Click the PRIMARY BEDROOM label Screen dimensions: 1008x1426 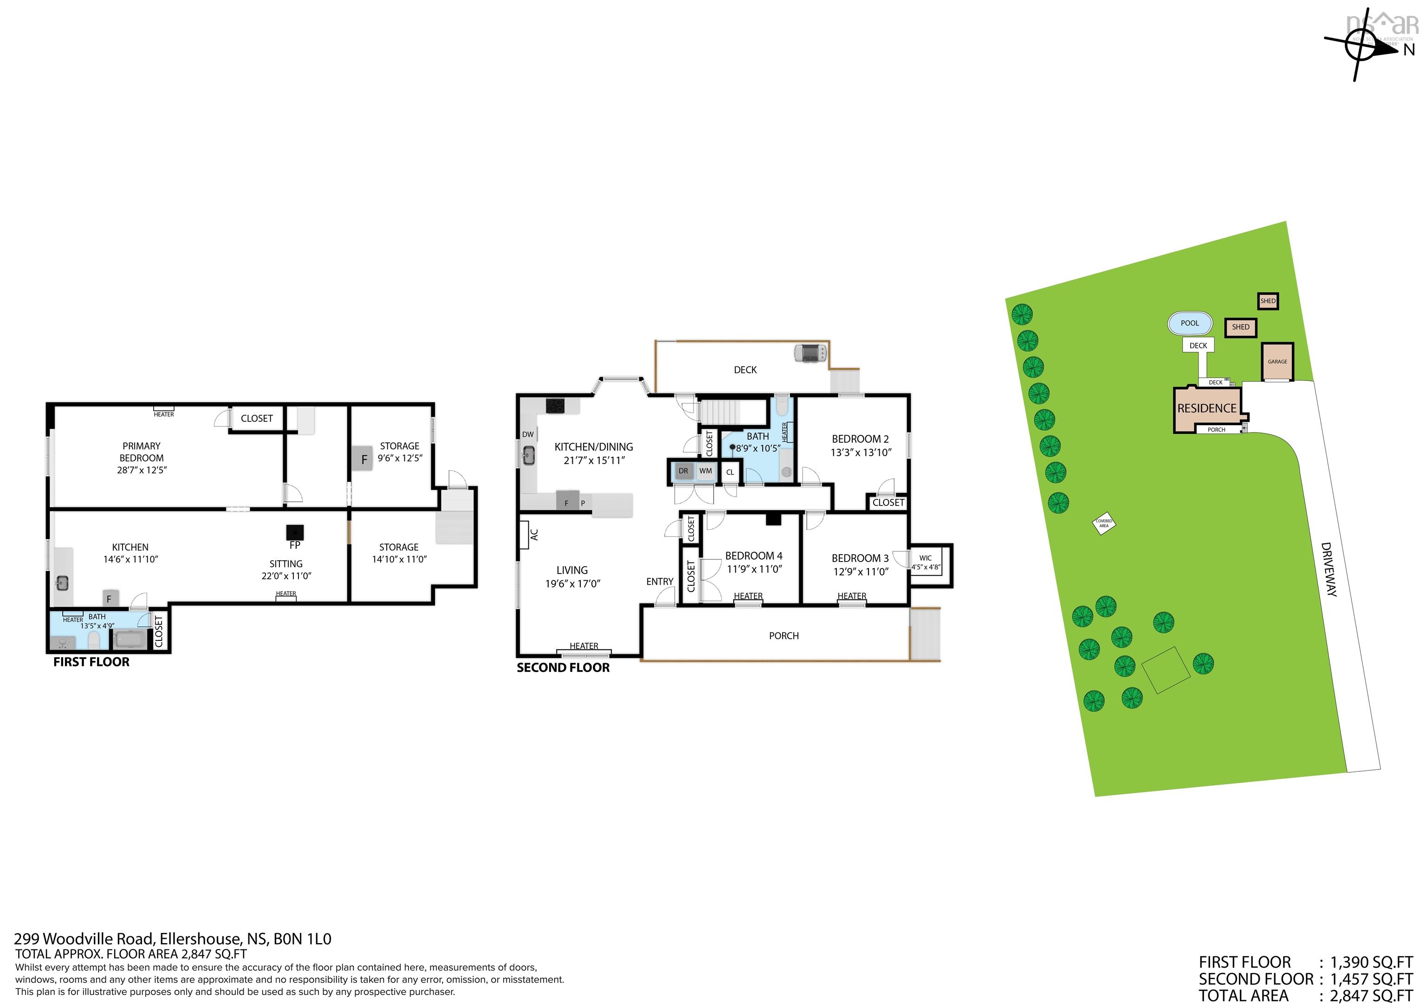pyautogui.click(x=142, y=452)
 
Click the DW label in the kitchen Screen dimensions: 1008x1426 pyautogui.click(x=527, y=434)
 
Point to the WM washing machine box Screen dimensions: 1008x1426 pyautogui.click(x=706, y=471)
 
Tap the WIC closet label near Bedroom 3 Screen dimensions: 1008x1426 pyautogui.click(x=926, y=558)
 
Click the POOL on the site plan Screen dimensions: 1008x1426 pyautogui.click(x=1189, y=323)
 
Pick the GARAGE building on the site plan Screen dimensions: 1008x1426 pyautogui.click(x=1277, y=362)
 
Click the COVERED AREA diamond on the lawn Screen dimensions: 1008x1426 pyautogui.click(x=1104, y=523)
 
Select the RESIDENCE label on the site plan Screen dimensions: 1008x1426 pyautogui.click(x=1207, y=408)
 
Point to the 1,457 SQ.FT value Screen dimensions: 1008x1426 pyautogui.click(x=1371, y=979)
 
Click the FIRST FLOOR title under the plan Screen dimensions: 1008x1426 pyautogui.click(x=91, y=662)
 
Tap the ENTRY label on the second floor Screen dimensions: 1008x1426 pyautogui.click(x=660, y=582)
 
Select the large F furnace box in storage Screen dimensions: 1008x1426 pyautogui.click(x=363, y=459)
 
